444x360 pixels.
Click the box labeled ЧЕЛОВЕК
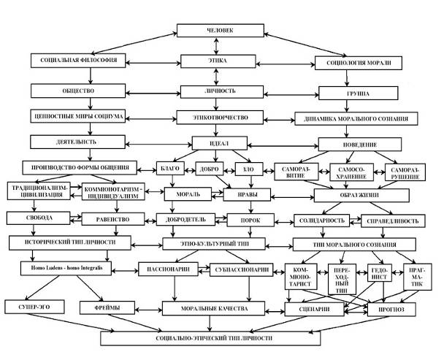point(222,32)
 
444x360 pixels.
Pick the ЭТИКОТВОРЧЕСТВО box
point(223,117)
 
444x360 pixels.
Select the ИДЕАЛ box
point(223,142)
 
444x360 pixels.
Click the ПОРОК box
point(248,218)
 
